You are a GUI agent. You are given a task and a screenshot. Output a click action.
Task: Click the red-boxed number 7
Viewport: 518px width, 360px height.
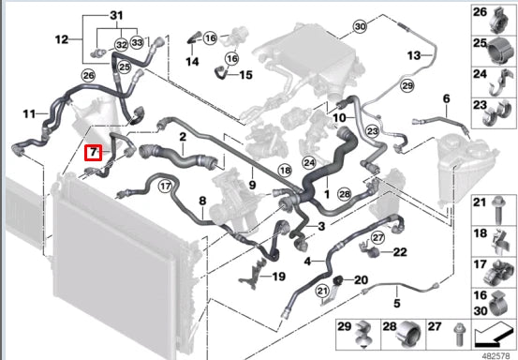click(93, 152)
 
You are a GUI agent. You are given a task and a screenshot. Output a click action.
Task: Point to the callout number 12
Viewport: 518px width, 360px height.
click(62, 39)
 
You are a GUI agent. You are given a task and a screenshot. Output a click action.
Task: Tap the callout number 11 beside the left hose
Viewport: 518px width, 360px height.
click(29, 114)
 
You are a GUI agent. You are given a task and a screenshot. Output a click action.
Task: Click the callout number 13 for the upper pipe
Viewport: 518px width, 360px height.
click(414, 56)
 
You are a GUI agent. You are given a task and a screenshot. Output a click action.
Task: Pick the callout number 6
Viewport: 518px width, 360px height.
click(446, 98)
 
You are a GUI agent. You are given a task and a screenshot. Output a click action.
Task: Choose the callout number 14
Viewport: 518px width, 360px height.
click(192, 62)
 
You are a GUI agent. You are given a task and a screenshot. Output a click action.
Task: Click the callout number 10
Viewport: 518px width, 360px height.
click(338, 117)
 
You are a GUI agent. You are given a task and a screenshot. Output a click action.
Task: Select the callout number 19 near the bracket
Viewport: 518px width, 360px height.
click(278, 277)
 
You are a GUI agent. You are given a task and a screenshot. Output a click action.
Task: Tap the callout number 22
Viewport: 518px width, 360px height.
click(399, 251)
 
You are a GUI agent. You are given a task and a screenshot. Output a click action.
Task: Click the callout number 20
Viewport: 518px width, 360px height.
click(362, 279)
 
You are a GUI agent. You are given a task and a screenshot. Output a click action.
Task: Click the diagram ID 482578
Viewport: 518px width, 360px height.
click(496, 353)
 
